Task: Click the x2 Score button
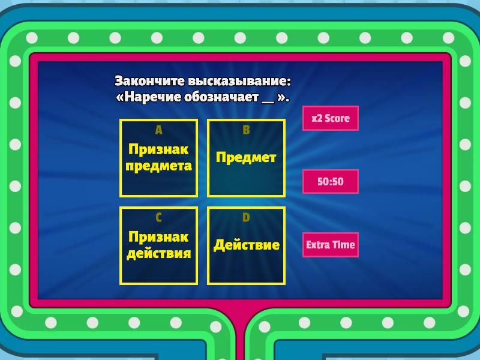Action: point(331,118)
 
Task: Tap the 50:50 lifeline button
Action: point(331,181)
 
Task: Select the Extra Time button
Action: point(331,245)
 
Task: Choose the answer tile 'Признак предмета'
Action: point(158,158)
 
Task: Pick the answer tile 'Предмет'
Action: point(247,158)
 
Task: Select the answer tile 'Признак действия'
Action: point(158,245)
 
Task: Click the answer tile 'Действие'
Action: point(247,245)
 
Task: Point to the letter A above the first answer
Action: point(158,130)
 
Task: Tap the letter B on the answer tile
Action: point(247,130)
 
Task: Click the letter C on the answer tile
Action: point(158,218)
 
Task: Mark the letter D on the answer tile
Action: point(246,218)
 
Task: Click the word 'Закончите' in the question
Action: point(149,81)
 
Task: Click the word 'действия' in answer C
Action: point(159,254)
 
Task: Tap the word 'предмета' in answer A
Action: point(158,166)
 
